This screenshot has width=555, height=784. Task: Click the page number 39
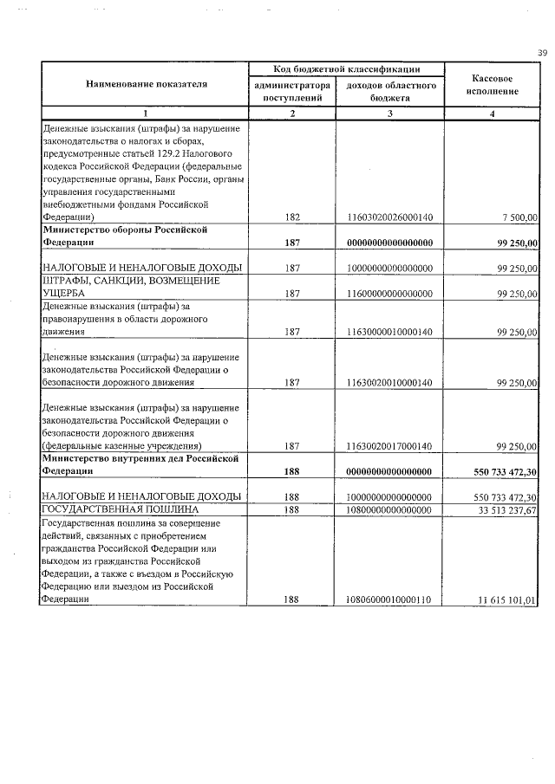(x=542, y=54)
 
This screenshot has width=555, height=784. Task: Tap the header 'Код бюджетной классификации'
(x=346, y=68)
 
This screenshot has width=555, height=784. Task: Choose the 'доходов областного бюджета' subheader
(x=389, y=93)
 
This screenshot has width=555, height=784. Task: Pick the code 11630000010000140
(x=389, y=332)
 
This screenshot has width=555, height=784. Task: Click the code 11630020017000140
(x=389, y=446)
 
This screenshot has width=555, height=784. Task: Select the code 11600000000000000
(x=389, y=294)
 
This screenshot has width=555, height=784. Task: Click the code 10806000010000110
(x=389, y=599)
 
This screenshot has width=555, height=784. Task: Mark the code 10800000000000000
(x=389, y=510)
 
